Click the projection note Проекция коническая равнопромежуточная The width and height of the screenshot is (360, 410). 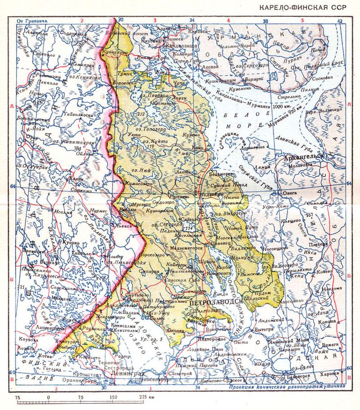[x=287, y=387]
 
